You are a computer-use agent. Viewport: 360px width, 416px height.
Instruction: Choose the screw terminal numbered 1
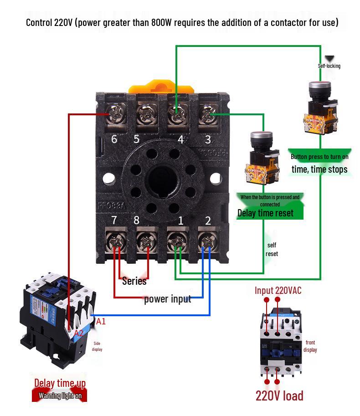pos(177,240)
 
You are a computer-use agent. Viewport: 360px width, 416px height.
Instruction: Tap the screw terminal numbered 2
pos(208,240)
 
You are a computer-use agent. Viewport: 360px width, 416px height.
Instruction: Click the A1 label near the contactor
pos(101,322)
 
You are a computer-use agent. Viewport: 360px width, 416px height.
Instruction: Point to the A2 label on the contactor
pos(78,333)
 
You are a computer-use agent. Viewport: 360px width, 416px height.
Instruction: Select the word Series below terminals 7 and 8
pos(134,281)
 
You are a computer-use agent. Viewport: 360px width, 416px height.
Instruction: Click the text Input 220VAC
pos(278,291)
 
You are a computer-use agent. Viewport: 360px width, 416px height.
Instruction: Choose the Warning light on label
pos(60,395)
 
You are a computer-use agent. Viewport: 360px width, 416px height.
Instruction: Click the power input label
pos(167,299)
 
